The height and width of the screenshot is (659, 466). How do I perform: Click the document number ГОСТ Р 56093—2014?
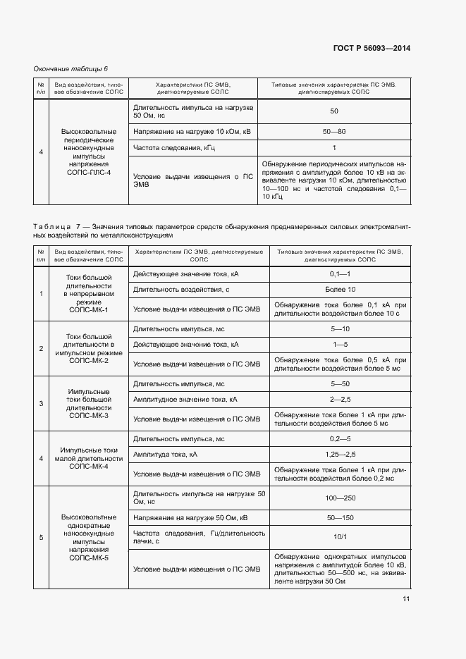point(372,48)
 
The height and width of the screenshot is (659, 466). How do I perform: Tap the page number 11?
point(406,599)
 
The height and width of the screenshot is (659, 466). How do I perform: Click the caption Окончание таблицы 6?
point(71,68)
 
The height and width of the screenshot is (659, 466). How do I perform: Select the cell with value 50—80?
point(334,131)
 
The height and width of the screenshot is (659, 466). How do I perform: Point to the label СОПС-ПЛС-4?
point(88,173)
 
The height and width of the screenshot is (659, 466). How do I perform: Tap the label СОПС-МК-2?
point(88,361)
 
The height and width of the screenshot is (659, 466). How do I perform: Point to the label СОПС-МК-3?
point(88,416)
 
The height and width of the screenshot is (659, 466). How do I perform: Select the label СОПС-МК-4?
point(88,467)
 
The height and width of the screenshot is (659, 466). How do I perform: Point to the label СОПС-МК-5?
point(88,558)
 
